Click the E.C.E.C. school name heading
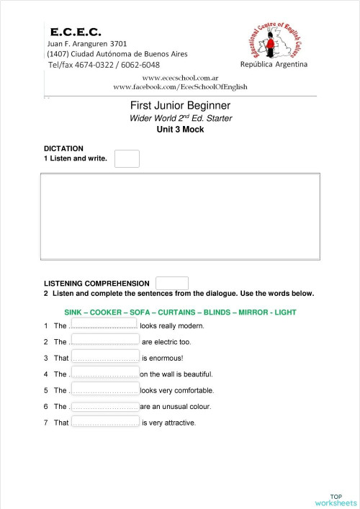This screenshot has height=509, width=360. coord(76,32)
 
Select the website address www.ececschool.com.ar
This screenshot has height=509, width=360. coord(181,77)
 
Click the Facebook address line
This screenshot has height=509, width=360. coord(181,86)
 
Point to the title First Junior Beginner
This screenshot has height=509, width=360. coord(180,106)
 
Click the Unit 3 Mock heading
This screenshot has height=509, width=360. coord(180,130)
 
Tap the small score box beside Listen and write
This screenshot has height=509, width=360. coord(127,158)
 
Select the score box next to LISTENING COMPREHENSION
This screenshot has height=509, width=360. coord(172,284)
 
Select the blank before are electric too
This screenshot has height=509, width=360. coord(104,341)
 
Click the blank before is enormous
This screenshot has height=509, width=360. coord(105,357)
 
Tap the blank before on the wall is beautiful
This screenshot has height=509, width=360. coord(104,374)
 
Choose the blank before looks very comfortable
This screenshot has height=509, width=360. coord(104,390)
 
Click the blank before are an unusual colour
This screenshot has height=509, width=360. coord(104,406)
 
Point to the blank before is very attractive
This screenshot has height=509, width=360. coord(105,423)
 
